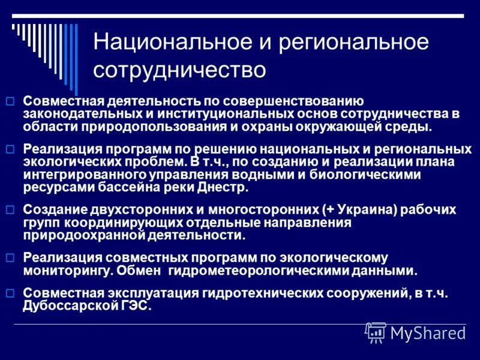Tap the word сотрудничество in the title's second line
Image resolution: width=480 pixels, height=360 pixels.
click(x=179, y=70)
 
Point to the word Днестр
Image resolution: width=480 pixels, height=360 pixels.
click(x=225, y=187)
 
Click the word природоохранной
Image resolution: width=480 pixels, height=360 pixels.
click(x=74, y=235)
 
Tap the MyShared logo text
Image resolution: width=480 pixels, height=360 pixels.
click(x=428, y=333)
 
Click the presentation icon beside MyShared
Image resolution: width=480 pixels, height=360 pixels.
click(x=376, y=332)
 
